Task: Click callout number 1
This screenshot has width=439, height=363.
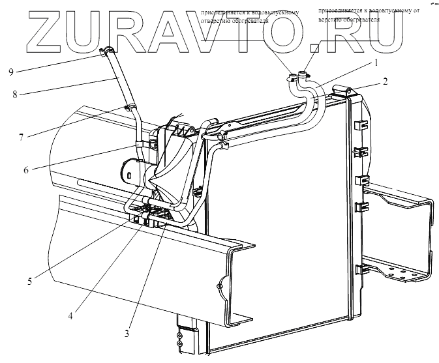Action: click(376, 63)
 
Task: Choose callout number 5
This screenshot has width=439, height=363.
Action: click(29, 282)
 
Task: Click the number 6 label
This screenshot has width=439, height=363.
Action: click(25, 170)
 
